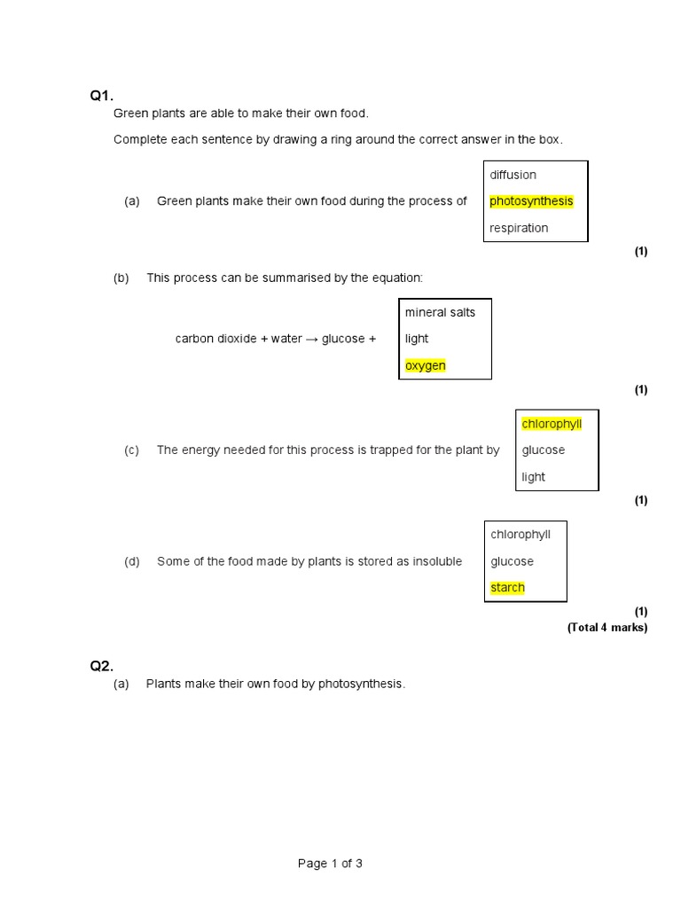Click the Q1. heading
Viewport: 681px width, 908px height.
click(102, 96)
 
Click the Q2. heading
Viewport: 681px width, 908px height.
click(102, 666)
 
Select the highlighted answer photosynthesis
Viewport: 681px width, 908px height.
click(531, 201)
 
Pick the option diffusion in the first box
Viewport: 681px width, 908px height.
click(513, 175)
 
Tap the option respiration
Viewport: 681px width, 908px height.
click(519, 228)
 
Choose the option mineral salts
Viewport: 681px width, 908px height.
click(440, 312)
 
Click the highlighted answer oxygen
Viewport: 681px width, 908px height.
click(426, 365)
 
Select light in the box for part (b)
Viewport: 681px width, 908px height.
click(417, 339)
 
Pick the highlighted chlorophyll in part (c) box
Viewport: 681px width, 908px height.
click(552, 424)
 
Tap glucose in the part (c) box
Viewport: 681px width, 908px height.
click(543, 450)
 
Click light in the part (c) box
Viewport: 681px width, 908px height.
click(534, 477)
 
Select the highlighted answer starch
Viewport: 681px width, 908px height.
click(507, 588)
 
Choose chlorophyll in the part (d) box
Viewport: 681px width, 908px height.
click(521, 534)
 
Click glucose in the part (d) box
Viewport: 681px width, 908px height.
click(512, 561)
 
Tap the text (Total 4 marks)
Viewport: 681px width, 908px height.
click(607, 628)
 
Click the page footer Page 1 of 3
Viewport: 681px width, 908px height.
click(330, 864)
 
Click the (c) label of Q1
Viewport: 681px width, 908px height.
click(132, 450)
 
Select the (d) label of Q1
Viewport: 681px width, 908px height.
click(132, 561)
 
